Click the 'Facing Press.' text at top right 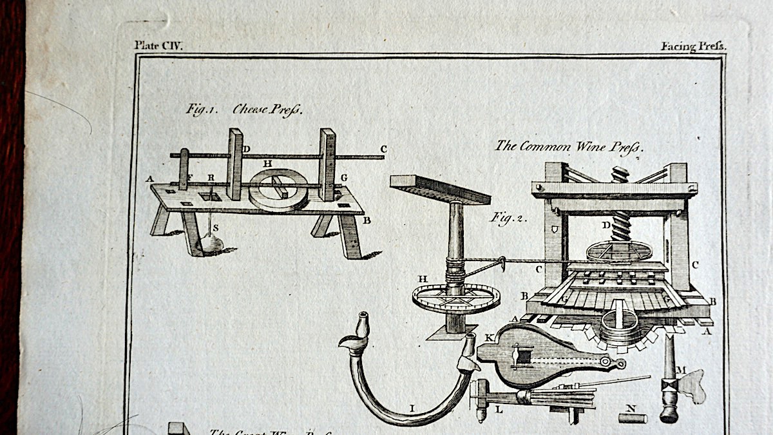(693, 46)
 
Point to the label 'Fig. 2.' (508, 218)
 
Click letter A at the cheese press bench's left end (149, 179)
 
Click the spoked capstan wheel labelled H (455, 298)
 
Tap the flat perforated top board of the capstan (440, 189)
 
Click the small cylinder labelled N (632, 418)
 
